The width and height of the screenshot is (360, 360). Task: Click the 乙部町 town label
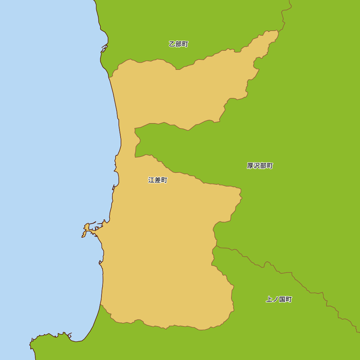[179, 44]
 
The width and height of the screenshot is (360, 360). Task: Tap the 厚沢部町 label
[260, 166]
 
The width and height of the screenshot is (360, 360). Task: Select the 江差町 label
[158, 180]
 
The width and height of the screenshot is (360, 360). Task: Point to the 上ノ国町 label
[279, 300]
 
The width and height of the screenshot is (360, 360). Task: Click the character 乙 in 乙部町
[172, 44]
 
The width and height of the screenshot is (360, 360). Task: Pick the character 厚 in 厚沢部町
[250, 166]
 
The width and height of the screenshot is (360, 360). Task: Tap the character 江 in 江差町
[151, 180]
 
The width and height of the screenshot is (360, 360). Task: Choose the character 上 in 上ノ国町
[269, 300]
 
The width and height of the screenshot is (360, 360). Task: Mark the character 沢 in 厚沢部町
[257, 166]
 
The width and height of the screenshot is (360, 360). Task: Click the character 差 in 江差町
[158, 180]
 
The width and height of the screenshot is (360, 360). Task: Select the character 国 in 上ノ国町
[282, 300]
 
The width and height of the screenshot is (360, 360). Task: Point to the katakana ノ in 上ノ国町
[275, 300]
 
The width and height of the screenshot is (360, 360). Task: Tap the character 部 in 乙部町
[179, 44]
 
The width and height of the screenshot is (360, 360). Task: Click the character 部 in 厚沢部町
[263, 166]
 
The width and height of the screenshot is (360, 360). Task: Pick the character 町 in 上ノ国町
[289, 300]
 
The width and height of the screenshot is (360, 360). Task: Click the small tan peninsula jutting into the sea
[86, 230]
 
